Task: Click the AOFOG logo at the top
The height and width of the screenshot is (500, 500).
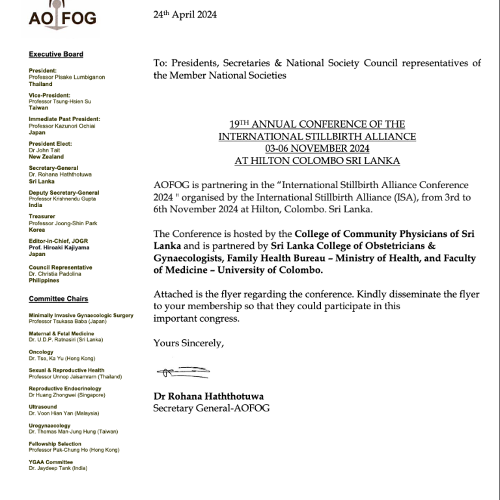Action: point(62,16)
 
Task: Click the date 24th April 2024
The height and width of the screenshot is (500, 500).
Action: point(185,15)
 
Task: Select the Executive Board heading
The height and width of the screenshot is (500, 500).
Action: point(56,55)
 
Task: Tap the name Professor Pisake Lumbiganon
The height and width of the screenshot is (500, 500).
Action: point(66,77)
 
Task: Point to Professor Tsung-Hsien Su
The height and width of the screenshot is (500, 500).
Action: point(60,102)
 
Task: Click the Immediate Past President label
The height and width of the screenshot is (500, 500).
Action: point(64,119)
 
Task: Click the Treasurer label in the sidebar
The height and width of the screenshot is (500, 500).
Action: point(42,216)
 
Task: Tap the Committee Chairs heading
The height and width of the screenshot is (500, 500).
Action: point(58,299)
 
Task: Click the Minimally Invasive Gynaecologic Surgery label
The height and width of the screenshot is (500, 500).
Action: point(81,316)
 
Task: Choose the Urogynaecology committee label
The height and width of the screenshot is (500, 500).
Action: point(49,426)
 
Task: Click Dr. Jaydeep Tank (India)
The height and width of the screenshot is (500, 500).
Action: point(58,468)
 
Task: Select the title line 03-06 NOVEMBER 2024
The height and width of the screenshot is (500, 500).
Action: point(317,148)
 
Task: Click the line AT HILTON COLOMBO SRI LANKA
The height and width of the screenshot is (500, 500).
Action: point(317,161)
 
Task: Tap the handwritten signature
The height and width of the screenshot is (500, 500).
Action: point(182,372)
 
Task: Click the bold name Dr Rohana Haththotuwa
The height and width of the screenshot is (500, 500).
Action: point(208,396)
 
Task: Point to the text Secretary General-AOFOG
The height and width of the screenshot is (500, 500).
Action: point(211,408)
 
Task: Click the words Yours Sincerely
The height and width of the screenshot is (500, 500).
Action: point(188,343)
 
